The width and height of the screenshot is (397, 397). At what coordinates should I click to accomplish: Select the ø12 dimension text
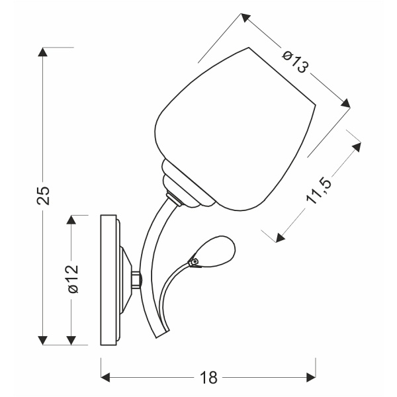pos(73,279)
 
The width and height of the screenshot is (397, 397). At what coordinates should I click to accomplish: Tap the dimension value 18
pos(208,378)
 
